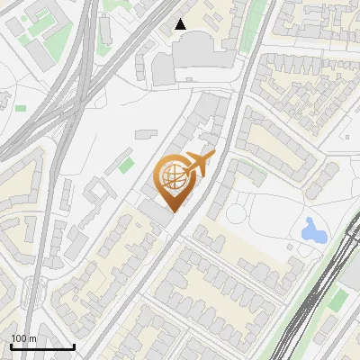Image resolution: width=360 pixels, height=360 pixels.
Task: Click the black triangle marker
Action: pos(181,24)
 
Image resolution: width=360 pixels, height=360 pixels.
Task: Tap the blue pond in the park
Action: pos(313,231)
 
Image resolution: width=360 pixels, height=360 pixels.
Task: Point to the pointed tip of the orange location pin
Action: pos(172,211)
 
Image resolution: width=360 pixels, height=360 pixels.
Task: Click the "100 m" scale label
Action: pos(24,338)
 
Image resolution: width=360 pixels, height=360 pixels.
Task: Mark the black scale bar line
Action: pos(42,346)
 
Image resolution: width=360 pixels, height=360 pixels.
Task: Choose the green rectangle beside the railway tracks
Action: pos(337,299)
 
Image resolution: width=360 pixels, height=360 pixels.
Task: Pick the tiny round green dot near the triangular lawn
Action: pos(21,109)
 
